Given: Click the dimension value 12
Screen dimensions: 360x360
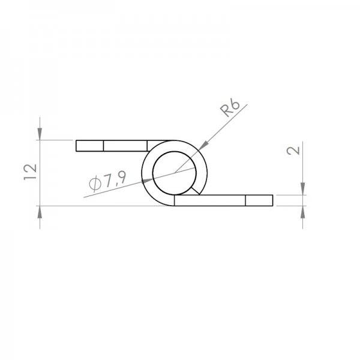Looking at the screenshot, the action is click(30, 172).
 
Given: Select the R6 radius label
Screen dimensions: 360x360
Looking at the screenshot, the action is click(230, 109).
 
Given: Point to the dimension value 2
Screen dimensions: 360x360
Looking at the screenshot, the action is click(293, 151).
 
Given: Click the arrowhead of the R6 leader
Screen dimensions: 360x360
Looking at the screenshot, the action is click(203, 146).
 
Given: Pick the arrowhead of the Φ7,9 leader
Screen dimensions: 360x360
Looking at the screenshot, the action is click(147, 180).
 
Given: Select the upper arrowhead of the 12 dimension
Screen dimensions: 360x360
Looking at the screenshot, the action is click(40, 134).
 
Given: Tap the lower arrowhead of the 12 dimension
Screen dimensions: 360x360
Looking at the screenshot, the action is click(40, 212).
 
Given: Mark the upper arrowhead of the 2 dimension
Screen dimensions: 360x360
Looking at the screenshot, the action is click(303, 189).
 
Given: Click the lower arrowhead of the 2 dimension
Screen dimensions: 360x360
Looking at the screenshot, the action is click(303, 212).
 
